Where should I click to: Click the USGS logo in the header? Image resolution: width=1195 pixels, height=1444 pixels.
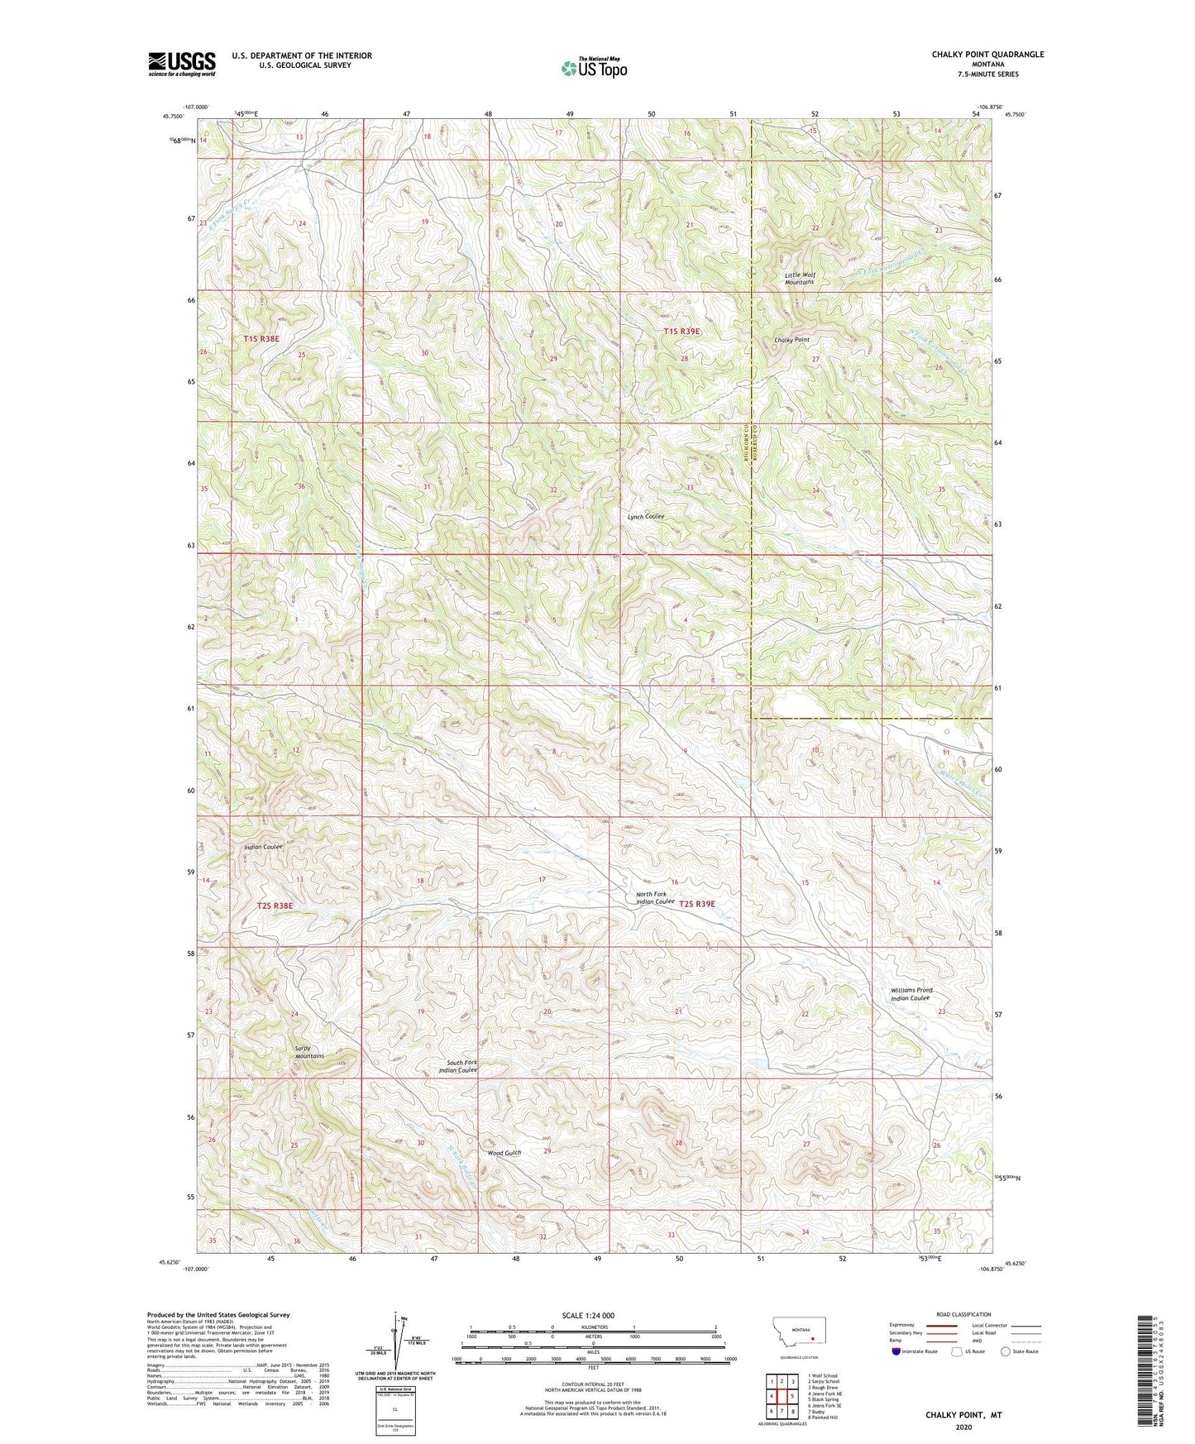click(x=181, y=64)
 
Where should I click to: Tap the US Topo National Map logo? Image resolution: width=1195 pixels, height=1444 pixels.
click(x=593, y=68)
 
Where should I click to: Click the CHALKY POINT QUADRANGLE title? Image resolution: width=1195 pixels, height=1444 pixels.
click(x=987, y=55)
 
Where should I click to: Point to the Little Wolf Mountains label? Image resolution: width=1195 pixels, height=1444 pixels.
click(x=799, y=279)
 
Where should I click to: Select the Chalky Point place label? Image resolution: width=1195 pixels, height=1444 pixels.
click(x=791, y=340)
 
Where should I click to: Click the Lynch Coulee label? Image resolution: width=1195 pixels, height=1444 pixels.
click(x=645, y=516)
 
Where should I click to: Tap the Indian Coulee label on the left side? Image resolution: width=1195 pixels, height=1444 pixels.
click(x=263, y=847)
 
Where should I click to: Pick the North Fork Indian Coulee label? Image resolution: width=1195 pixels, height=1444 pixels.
click(x=655, y=898)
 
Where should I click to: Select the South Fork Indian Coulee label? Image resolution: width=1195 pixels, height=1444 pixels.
click(x=458, y=1066)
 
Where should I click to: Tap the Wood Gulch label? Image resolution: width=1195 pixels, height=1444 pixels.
click(x=504, y=1152)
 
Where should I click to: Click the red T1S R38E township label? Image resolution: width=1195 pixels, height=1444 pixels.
click(x=263, y=339)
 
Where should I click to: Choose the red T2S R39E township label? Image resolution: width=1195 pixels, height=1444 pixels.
click(x=696, y=904)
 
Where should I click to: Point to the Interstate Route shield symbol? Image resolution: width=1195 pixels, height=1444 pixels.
click(x=897, y=1351)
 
